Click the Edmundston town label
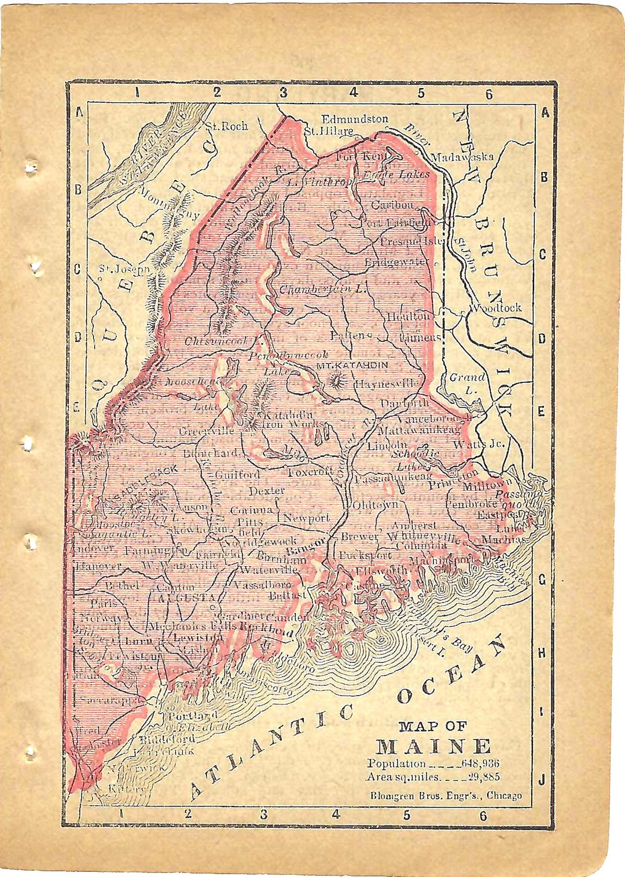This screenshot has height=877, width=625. click(355, 119)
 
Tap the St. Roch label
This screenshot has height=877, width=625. click(227, 126)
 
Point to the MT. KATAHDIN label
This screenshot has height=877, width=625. click(352, 365)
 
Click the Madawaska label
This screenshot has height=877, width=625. click(462, 156)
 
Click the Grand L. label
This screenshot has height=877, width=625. click(467, 383)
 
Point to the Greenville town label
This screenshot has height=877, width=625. click(207, 431)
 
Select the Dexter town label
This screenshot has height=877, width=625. click(266, 491)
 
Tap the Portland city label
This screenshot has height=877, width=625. click(192, 715)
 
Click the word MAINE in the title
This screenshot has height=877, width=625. click(433, 746)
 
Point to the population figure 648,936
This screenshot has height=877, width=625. click(480, 764)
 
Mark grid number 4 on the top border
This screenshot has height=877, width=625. click(353, 92)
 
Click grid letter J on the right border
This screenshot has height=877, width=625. click(542, 780)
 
